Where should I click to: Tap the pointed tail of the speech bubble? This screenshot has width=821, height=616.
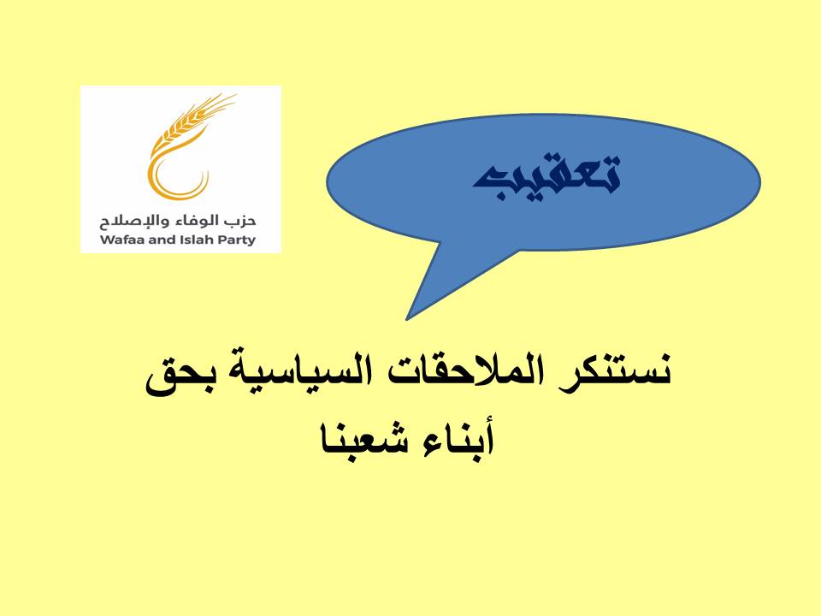click(406, 319)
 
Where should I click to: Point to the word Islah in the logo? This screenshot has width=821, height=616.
click(202, 240)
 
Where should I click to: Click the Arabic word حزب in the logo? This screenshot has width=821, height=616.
click(241, 221)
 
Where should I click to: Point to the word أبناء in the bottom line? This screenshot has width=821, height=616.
click(456, 439)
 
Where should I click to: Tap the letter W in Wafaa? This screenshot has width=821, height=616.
click(106, 240)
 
